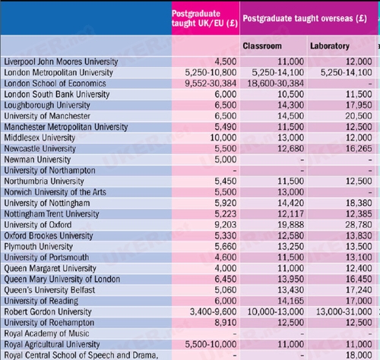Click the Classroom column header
262,46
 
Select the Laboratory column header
330,46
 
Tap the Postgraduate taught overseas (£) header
305,18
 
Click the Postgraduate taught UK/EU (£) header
204,18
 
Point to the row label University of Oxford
38,225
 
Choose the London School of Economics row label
55,84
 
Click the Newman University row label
37,159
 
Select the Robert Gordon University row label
48,311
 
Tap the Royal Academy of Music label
46,333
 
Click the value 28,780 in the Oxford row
359,225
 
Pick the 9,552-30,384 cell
211,84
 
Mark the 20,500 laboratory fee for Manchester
359,116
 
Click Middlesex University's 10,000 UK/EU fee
223,137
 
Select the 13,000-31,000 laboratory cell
344,311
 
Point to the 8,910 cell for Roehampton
226,323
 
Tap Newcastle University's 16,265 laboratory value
359,149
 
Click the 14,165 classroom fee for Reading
290,301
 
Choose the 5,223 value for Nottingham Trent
226,214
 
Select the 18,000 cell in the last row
359,355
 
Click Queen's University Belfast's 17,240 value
359,290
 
